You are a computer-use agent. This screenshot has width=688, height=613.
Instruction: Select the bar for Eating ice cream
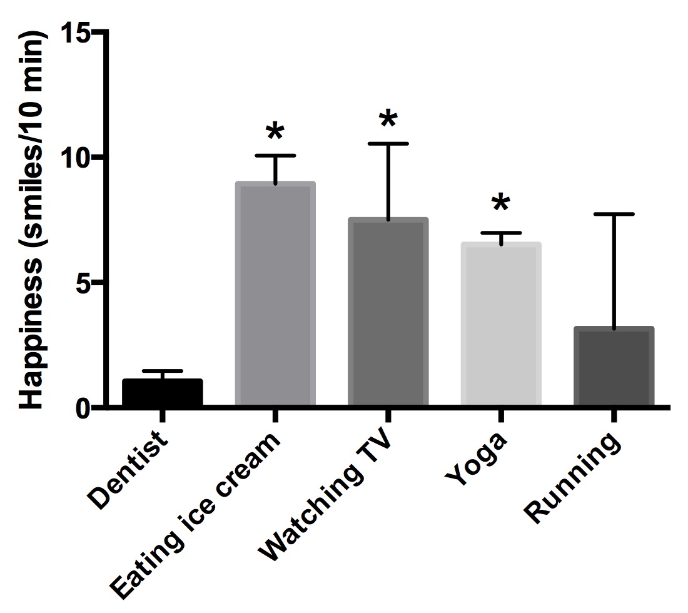pos(275,294)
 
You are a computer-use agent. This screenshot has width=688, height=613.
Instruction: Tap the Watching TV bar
pos(388,313)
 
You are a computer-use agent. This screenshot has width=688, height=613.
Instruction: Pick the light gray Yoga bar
pos(500,325)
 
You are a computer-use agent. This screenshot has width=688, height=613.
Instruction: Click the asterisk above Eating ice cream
pos(275,133)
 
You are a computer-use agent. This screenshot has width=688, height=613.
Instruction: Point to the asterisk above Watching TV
pos(388,119)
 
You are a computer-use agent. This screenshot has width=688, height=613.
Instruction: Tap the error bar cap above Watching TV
pos(388,144)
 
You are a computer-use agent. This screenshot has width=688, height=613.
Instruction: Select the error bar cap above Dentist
pos(162,371)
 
